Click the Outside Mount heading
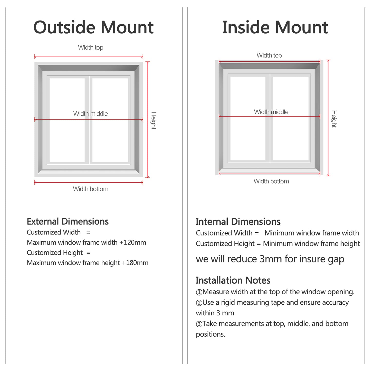(93, 27)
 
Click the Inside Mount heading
(275, 27)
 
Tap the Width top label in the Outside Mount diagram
(91, 47)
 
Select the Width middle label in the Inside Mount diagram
(271, 112)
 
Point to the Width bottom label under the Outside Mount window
(91, 189)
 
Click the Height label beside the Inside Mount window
(334, 119)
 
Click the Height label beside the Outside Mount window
(153, 121)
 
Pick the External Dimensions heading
(68, 221)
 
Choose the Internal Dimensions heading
(238, 222)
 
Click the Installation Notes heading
(233, 280)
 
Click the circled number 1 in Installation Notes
(199, 292)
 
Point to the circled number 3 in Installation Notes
(199, 324)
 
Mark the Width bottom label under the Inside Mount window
(271, 181)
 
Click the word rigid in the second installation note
(228, 302)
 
